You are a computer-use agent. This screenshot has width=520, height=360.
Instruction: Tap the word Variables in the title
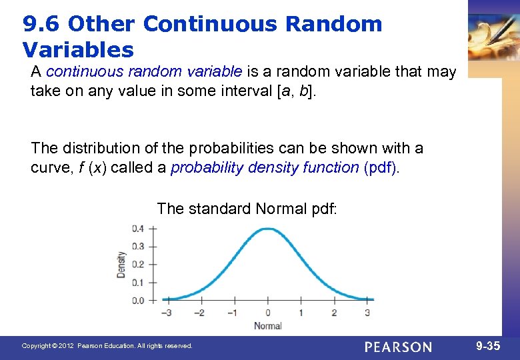[78, 50]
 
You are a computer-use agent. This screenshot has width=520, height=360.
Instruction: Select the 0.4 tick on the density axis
[137, 229]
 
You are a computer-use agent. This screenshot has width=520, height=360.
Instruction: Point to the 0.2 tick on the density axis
[137, 265]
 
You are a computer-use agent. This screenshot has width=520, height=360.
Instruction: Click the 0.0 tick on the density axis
[137, 301]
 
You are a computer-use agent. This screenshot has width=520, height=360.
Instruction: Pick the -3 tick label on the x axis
[166, 313]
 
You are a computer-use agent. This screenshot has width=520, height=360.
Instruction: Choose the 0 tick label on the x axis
[267, 313]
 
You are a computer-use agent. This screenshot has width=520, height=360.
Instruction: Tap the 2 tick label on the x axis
[334, 313]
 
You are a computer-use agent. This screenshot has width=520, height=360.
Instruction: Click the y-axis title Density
[121, 265]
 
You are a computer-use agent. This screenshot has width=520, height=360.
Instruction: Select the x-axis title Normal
[267, 325]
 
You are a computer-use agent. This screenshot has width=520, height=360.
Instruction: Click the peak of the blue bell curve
[267, 229]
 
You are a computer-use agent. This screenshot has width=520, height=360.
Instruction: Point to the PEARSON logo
[398, 347]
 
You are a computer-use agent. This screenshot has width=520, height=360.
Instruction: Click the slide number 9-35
[489, 346]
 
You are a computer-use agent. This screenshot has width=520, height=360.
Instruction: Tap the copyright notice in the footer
[107, 346]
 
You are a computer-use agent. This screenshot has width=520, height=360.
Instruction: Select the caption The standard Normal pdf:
[247, 209]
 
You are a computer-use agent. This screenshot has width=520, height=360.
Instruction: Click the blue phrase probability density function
[265, 167]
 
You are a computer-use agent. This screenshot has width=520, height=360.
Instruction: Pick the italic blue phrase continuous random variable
[145, 71]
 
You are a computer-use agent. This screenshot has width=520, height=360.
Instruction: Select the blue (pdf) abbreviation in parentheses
[381, 167]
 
